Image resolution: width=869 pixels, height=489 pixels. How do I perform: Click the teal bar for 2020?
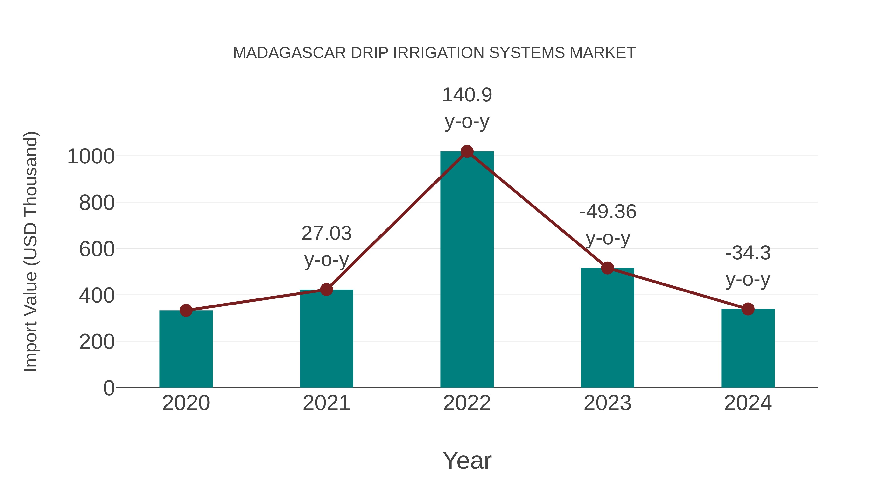tap(186, 349)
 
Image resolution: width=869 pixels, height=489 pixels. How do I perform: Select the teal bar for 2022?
tap(467, 270)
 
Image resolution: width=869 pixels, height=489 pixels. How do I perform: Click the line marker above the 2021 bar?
tap(326, 290)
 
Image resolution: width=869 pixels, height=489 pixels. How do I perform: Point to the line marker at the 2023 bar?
tap(607, 268)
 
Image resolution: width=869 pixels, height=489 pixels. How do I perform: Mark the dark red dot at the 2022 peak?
tap(467, 151)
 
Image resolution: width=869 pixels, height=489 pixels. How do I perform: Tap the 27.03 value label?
tap(326, 234)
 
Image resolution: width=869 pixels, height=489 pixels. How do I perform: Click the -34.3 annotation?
tap(748, 253)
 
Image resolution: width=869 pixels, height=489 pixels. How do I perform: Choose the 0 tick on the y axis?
tap(109, 388)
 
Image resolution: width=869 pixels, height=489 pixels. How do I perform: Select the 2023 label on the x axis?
tap(607, 403)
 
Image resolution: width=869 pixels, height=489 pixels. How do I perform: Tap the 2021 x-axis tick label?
tap(326, 403)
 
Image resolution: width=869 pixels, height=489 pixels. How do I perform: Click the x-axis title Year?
tap(467, 460)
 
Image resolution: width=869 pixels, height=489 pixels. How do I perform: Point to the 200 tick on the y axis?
tap(97, 342)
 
